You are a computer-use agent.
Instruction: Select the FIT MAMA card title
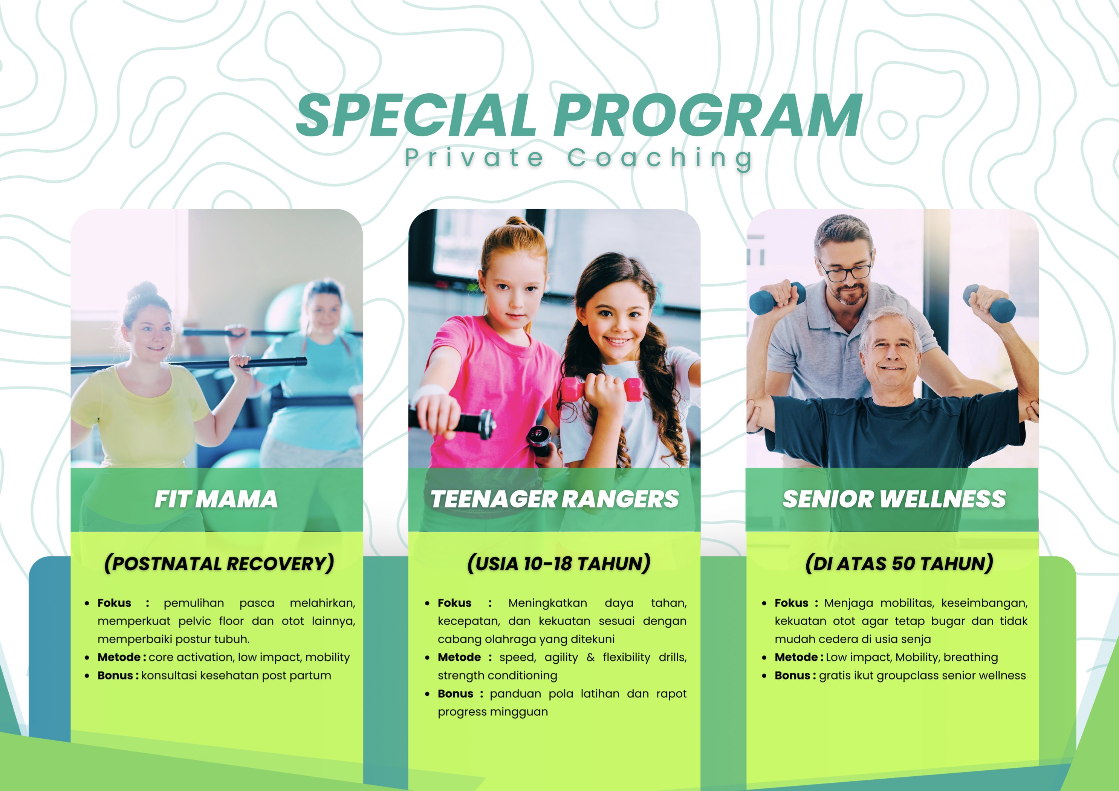216,499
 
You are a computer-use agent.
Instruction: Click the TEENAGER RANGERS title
554,499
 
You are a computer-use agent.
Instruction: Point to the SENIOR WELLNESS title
894,499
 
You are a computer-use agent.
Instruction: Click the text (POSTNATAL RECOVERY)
219,563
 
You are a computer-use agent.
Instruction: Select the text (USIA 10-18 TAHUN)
558,563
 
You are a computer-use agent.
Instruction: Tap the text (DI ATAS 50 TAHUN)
899,563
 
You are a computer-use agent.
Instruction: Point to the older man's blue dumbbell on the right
989,303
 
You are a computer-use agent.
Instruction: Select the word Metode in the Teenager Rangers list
459,657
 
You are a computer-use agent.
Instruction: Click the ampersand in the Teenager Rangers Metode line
591,657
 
